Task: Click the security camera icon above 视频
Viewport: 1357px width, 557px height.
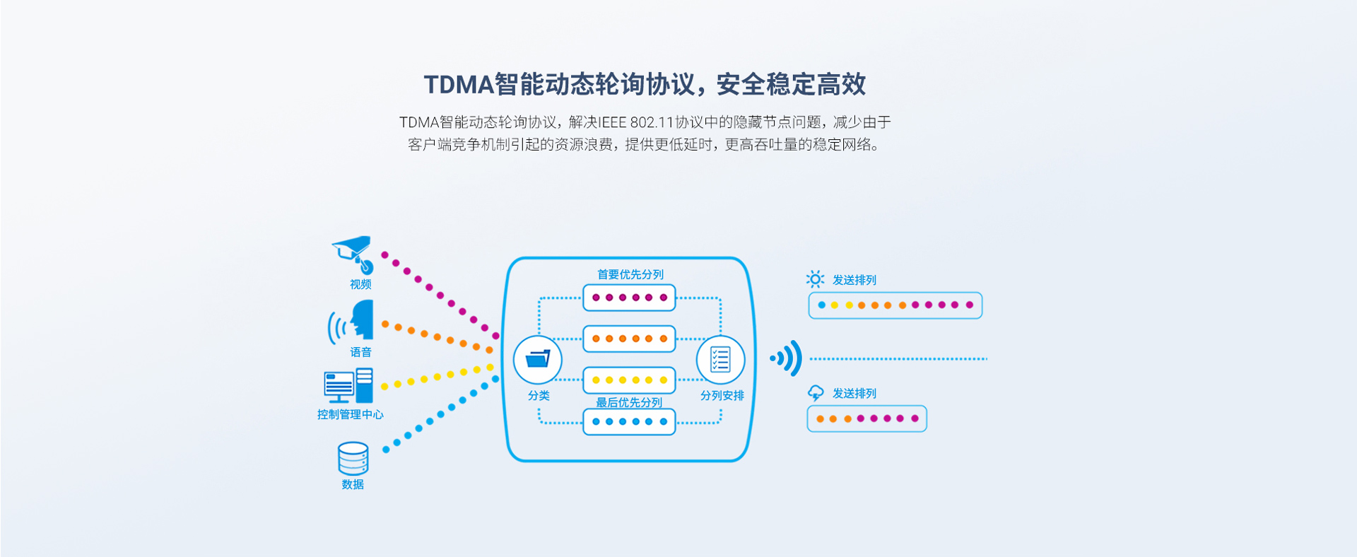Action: click(x=353, y=254)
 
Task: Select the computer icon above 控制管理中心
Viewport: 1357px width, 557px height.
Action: click(x=348, y=385)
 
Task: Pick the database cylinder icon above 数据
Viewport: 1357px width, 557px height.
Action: click(x=353, y=458)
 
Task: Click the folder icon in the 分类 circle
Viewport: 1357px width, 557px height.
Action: click(x=538, y=359)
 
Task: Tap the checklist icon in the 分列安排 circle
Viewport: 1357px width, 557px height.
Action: click(x=720, y=359)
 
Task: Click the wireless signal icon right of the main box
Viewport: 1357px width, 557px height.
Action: click(x=787, y=358)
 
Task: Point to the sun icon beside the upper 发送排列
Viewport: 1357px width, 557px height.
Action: click(x=815, y=279)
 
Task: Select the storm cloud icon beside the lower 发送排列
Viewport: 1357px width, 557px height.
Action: click(x=816, y=393)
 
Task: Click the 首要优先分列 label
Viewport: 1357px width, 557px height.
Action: click(x=630, y=274)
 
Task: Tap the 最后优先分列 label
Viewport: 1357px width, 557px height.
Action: click(x=629, y=402)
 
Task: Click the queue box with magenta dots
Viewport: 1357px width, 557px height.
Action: click(x=629, y=298)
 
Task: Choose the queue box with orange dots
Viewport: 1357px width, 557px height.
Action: click(x=629, y=339)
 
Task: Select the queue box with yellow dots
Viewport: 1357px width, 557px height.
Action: click(x=629, y=380)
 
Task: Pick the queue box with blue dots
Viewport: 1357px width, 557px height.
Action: click(x=629, y=422)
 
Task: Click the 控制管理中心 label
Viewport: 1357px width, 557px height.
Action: click(x=350, y=414)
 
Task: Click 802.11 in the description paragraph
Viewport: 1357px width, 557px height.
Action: click(x=650, y=122)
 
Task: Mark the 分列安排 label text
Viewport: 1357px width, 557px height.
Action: click(x=722, y=396)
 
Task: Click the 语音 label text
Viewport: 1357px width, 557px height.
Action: click(x=360, y=352)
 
